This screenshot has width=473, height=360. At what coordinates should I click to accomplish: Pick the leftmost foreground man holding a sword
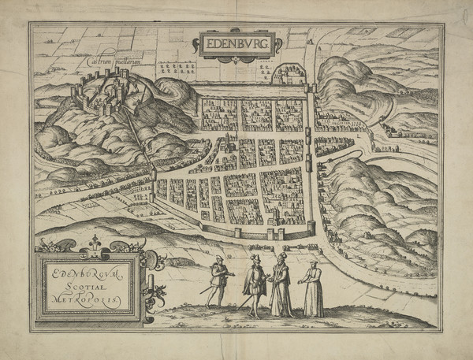click(x=218, y=280)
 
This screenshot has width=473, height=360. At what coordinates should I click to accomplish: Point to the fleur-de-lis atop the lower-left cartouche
click(x=95, y=241)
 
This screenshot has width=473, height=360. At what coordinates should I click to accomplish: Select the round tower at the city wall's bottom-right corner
click(x=311, y=228)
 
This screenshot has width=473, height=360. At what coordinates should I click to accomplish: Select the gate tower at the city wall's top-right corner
click(x=309, y=86)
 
